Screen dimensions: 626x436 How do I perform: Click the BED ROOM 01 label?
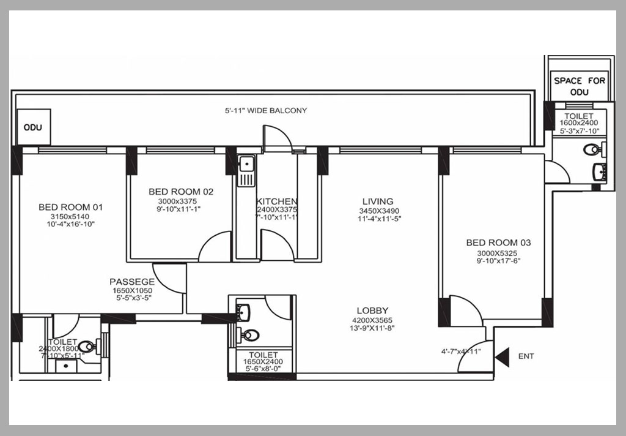(71, 207)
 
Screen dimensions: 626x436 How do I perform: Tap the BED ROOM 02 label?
(181, 192)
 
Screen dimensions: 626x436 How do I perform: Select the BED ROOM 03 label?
(499, 242)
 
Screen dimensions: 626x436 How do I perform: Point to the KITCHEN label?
(276, 201)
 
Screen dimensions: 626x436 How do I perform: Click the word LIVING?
(378, 201)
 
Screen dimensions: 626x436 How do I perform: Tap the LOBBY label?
(372, 310)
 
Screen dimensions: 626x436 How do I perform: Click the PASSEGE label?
(132, 282)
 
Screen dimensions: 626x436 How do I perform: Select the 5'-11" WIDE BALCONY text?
(266, 110)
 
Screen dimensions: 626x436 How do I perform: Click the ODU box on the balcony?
(33, 127)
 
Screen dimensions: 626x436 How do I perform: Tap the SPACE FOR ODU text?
(580, 86)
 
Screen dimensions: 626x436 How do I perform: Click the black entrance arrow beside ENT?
(502, 357)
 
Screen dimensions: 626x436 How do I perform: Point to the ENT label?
(526, 356)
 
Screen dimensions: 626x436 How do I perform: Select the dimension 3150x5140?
(70, 216)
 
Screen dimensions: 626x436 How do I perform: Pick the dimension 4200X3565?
(372, 320)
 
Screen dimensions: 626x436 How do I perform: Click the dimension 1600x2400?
(579, 123)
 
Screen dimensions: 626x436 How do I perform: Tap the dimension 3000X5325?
(497, 253)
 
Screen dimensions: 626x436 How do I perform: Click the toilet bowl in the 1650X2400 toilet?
(249, 335)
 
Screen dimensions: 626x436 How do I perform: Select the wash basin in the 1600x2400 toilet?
(600, 171)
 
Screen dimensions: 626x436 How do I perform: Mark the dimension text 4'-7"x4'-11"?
(461, 351)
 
